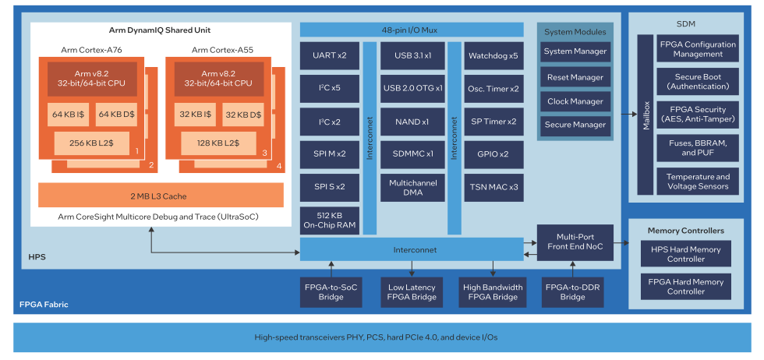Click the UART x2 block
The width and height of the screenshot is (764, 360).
329,56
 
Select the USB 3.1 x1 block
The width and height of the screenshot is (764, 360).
412,56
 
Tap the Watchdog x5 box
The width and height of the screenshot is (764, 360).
493,56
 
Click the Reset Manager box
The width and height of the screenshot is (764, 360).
575,77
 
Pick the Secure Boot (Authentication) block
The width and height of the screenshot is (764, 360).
695,82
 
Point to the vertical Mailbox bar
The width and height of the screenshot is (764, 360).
646,115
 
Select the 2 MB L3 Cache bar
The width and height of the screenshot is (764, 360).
161,196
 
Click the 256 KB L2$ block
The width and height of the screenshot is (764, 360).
91,143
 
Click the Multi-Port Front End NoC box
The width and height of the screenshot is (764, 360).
574,242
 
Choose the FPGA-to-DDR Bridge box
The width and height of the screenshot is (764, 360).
573,292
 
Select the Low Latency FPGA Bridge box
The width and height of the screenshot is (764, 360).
412,292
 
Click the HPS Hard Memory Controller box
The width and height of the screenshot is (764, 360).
686,253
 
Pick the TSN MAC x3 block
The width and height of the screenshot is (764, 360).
493,187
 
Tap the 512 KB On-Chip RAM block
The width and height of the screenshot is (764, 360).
329,221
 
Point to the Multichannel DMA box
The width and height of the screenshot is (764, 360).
412,187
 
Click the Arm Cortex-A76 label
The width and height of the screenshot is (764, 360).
91,50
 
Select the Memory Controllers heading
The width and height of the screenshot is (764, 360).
686,231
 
